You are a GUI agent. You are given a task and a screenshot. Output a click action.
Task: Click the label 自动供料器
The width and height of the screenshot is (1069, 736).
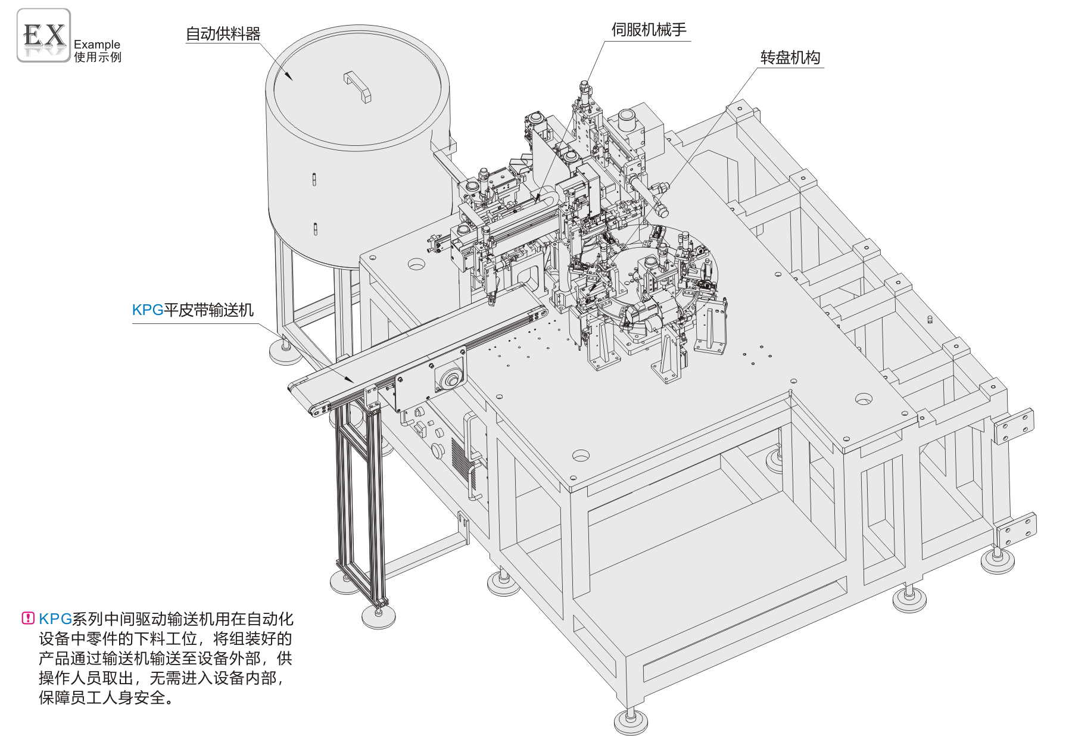[x=223, y=34]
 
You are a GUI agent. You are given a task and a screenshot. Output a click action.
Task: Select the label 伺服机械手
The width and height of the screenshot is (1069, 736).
[x=649, y=30]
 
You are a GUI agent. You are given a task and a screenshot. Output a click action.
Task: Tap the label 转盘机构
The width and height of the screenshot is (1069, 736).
[x=790, y=58]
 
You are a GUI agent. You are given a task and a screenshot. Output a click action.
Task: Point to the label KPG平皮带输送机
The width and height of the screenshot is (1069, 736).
[x=192, y=310]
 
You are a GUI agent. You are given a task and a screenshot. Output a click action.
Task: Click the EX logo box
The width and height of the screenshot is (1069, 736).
[x=43, y=35]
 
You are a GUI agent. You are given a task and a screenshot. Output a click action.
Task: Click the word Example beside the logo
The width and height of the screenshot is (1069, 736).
[x=97, y=44]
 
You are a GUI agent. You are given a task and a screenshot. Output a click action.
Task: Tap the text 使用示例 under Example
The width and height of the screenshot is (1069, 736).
[x=98, y=57]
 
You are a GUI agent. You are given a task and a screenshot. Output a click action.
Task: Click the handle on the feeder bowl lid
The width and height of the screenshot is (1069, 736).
[x=357, y=86]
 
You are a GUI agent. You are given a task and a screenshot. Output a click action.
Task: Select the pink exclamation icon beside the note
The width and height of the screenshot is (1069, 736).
[x=27, y=618]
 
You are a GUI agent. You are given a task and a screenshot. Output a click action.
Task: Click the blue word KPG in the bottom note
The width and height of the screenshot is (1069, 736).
[x=55, y=619]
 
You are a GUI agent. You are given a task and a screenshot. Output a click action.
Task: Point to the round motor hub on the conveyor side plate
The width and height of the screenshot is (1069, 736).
[x=450, y=378]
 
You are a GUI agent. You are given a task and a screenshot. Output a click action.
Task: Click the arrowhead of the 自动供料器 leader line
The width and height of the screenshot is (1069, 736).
[x=289, y=77]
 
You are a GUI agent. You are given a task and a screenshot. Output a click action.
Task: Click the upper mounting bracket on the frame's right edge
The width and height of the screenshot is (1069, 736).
[x=1014, y=426]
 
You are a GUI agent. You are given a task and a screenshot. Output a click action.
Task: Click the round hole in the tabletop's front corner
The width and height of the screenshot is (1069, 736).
[x=581, y=456]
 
